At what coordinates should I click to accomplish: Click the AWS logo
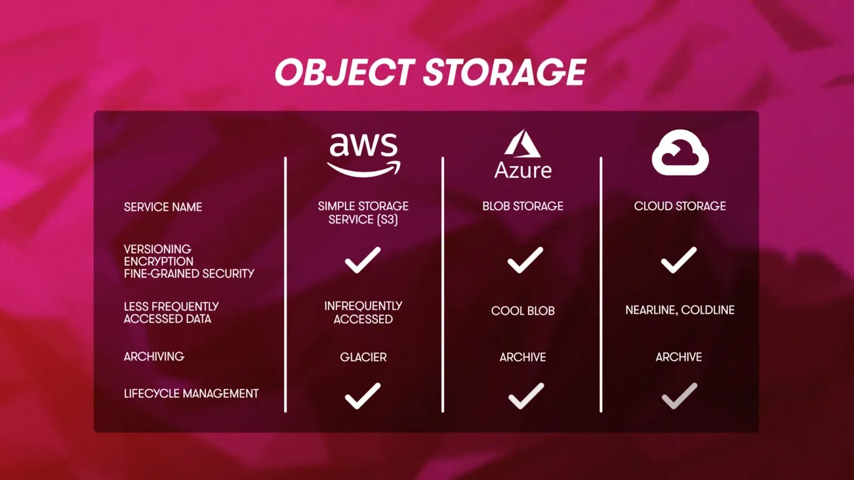click(x=363, y=154)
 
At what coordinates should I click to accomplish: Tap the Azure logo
click(x=523, y=154)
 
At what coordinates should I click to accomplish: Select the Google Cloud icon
click(x=680, y=153)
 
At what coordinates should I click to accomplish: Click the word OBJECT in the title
click(x=344, y=73)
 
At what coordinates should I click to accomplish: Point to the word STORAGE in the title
click(x=504, y=73)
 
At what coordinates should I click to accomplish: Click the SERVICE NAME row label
click(x=163, y=207)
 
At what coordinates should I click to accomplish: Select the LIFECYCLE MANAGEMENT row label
click(x=191, y=394)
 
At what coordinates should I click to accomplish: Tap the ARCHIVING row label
click(x=154, y=357)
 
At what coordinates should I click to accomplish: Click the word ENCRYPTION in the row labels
click(x=159, y=262)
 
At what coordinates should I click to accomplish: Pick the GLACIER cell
click(x=363, y=357)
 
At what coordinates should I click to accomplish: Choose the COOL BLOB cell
click(x=523, y=311)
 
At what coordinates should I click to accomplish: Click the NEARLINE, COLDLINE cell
click(x=679, y=310)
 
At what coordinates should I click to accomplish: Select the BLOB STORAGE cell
click(x=523, y=206)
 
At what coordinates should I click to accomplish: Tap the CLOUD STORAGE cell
click(x=679, y=206)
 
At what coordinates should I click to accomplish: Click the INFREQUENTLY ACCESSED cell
click(x=363, y=312)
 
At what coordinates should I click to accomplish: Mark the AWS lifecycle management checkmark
click(x=362, y=396)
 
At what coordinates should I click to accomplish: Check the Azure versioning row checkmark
click(x=525, y=260)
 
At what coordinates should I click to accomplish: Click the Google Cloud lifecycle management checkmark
click(x=679, y=396)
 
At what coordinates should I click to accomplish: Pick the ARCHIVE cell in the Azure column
click(x=523, y=357)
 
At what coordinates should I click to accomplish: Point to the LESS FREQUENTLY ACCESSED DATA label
click(x=171, y=313)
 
